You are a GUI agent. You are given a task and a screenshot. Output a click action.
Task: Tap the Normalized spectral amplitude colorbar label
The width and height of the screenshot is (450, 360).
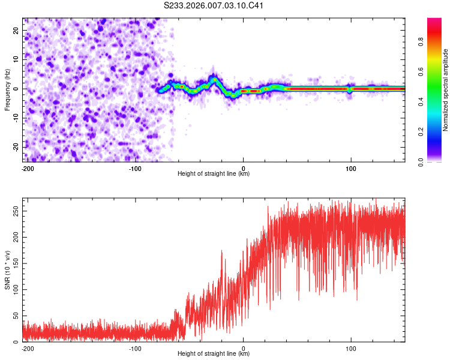[446, 90]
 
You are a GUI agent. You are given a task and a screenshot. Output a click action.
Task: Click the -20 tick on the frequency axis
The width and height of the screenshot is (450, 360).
[16, 147]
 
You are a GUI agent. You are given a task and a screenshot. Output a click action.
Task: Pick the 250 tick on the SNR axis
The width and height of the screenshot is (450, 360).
[14, 212]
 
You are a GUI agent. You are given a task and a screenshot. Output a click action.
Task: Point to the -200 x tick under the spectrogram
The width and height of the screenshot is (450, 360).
[27, 168]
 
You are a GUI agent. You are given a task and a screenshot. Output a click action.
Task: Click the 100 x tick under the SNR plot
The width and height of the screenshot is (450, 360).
[350, 348]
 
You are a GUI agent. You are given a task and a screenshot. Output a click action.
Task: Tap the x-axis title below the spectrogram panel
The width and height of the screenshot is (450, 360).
[214, 174]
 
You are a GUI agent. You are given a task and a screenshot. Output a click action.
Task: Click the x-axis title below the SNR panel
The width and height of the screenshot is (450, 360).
[214, 354]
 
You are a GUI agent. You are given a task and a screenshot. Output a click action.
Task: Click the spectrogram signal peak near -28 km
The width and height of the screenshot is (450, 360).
[214, 79]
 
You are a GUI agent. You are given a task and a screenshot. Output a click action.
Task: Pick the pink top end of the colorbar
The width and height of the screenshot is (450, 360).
[434, 22]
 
